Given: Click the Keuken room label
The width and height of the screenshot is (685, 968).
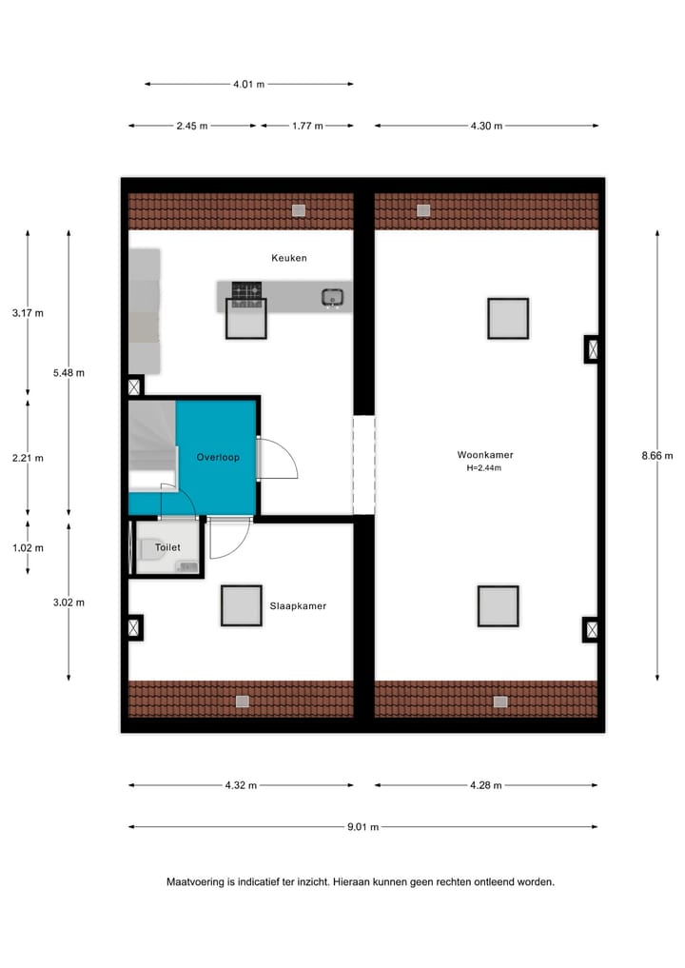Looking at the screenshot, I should tap(288, 258).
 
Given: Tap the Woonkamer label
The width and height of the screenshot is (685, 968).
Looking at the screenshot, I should tap(485, 455).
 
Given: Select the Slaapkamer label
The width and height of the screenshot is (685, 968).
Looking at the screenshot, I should tap(298, 605).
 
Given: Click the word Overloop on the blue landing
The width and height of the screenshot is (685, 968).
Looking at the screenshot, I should tap(218, 458).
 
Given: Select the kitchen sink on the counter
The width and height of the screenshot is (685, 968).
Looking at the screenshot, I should tap(332, 297).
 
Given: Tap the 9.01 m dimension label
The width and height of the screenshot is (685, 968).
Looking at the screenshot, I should tap(363, 827).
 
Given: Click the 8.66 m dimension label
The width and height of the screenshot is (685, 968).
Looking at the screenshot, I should tap(656, 456).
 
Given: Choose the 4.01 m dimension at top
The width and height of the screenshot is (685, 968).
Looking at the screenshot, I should tap(248, 84).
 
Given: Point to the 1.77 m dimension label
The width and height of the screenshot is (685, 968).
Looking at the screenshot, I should tap(306, 126).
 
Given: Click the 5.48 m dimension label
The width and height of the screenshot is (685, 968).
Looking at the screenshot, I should tap(68, 373).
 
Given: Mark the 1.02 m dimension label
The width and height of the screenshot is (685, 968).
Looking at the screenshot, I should tap(28, 547).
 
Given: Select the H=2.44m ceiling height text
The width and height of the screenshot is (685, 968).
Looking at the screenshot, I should tap(483, 468).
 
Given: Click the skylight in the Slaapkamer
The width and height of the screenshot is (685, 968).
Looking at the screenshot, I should tap(241, 605).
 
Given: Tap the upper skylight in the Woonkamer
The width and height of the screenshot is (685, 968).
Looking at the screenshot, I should tap(507, 319).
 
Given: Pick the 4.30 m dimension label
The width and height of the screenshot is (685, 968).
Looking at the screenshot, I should tap(486, 126).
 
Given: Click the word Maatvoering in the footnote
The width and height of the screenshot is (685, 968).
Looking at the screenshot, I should tap(194, 881).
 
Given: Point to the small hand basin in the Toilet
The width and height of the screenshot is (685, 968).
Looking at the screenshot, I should tap(187, 567).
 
